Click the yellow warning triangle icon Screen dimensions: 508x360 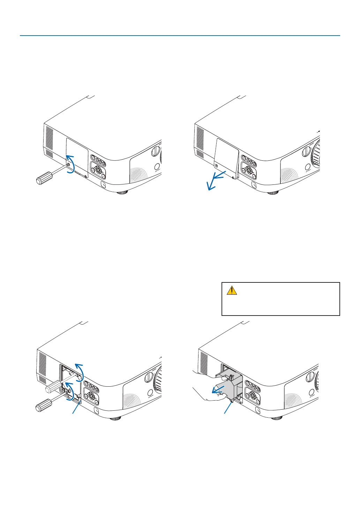[x=232, y=290]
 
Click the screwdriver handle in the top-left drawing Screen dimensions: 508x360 [x=44, y=178]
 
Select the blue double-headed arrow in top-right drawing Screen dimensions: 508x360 [x=216, y=180]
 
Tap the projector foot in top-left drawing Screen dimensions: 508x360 [x=122, y=192]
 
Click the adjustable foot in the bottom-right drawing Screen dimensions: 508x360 [x=277, y=418]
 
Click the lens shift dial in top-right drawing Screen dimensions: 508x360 [x=306, y=151]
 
